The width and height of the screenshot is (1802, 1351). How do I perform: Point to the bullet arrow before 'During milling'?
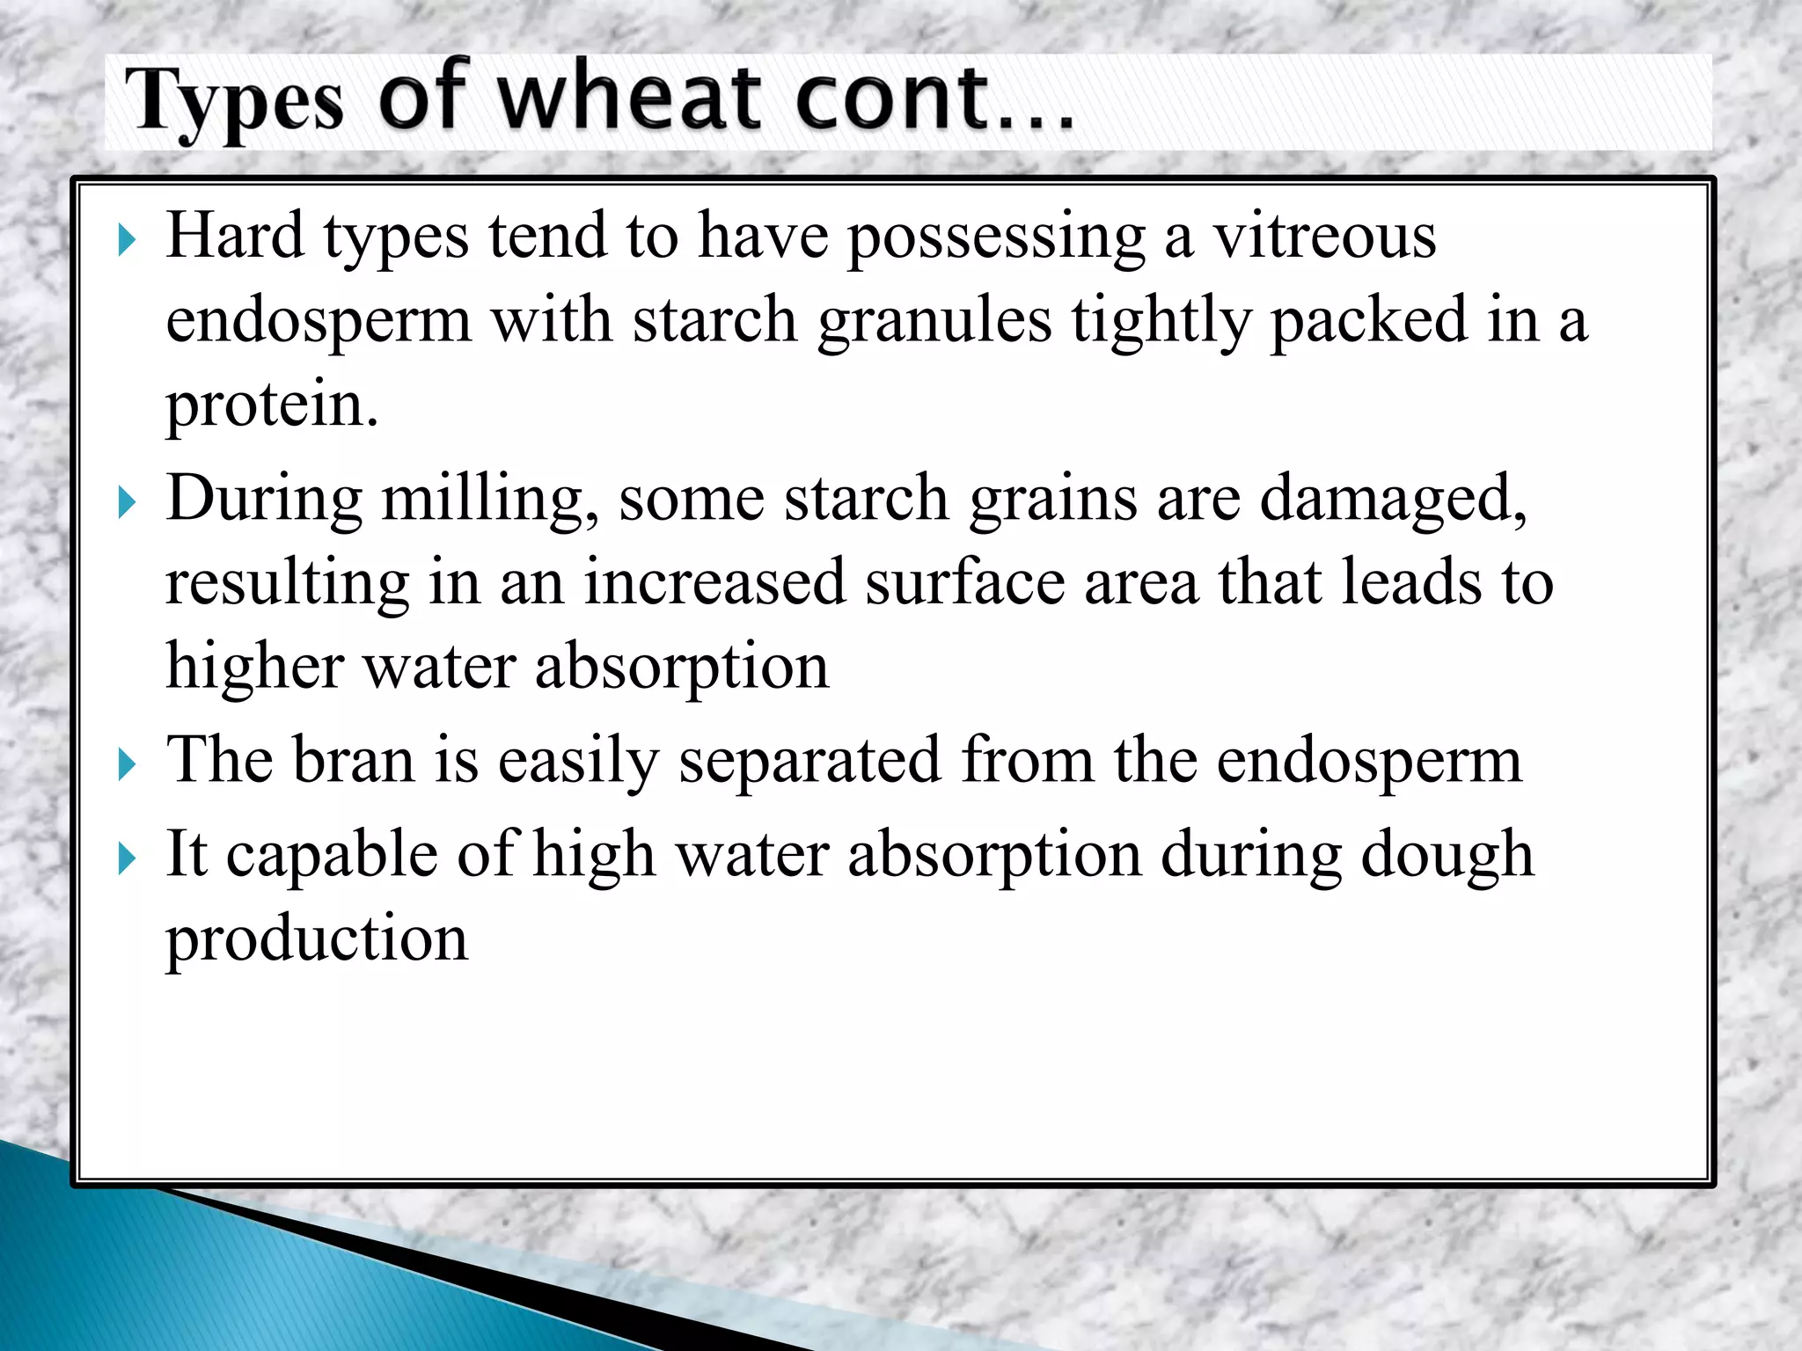[x=128, y=503]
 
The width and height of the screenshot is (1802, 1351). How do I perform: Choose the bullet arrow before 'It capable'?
[x=128, y=858]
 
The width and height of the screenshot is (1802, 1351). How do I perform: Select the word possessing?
[x=996, y=237]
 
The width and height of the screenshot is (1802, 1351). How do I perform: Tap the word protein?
[x=272, y=405]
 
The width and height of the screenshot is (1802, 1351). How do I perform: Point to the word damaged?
[x=1392, y=500]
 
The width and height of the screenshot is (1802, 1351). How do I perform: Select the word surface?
[x=964, y=582]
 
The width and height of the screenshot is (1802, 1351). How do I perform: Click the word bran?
[x=353, y=760]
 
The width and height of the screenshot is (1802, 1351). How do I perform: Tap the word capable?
[x=331, y=855]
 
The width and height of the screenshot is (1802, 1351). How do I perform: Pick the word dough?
[x=1447, y=855]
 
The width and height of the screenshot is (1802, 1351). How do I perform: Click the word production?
[x=317, y=939]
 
